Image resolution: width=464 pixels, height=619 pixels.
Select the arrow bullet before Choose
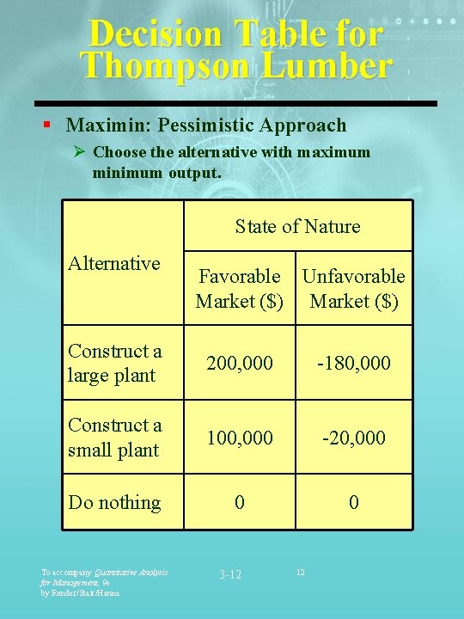[79, 152]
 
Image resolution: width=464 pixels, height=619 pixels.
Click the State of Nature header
[297, 226]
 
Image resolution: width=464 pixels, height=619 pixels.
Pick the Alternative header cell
[113, 263]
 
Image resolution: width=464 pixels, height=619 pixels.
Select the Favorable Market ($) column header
[239, 288]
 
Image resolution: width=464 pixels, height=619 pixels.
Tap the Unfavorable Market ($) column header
[353, 288]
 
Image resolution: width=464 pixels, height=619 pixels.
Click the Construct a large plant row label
[114, 363]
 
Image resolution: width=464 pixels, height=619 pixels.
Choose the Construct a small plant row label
[114, 437]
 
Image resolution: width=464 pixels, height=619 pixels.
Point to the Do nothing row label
[114, 502]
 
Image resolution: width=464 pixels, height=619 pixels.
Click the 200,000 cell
[239, 363]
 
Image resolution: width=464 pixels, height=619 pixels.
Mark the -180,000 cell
[353, 363]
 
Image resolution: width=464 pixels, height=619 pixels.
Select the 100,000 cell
[239, 438]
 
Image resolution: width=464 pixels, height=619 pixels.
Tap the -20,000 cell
[353, 438]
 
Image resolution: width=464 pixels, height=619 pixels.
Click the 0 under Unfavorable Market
[353, 502]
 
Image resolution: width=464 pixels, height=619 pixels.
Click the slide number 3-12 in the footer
[230, 573]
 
